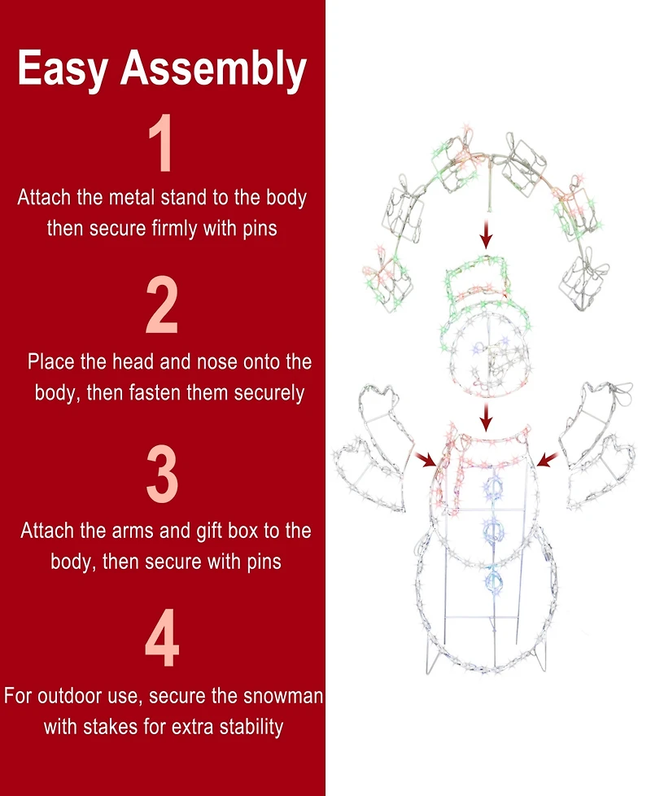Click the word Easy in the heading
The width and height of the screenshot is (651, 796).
coord(63,68)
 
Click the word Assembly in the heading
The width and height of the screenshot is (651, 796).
coord(214,68)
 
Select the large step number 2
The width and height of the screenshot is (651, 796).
coord(162,304)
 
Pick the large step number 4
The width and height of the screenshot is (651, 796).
coord(162,637)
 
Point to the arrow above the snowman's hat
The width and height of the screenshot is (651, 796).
coord(486,234)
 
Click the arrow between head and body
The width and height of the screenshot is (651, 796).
coord(486,418)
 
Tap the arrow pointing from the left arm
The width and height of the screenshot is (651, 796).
coord(425,459)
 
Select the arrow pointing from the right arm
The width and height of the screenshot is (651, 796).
coord(548,459)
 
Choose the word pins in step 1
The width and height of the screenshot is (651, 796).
coord(260,229)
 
